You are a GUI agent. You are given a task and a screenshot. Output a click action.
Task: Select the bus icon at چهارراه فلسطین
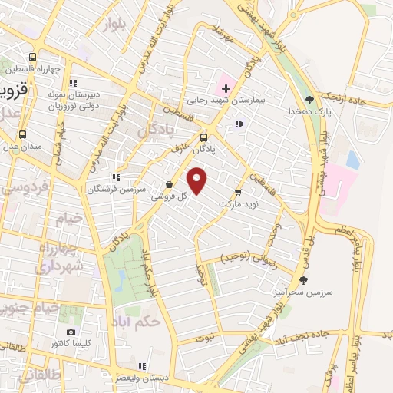pyautogui.click(x=32, y=58)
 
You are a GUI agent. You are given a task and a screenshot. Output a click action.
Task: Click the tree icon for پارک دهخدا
pyautogui.click(x=309, y=99)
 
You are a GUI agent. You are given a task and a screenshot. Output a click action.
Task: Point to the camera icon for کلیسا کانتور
pyautogui.click(x=71, y=332)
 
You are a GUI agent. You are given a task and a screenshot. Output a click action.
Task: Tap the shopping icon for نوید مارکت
pyautogui.click(x=238, y=192)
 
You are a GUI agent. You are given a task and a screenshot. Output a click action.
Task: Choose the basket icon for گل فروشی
pyautogui.click(x=169, y=184)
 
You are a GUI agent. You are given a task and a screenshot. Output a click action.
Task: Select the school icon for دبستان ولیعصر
pyautogui.click(x=142, y=365)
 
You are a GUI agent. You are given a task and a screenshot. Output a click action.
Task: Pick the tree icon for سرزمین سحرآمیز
pyautogui.click(x=304, y=280)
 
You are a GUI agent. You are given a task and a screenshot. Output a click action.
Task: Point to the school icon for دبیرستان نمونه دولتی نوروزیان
pyautogui.click(x=74, y=82)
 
